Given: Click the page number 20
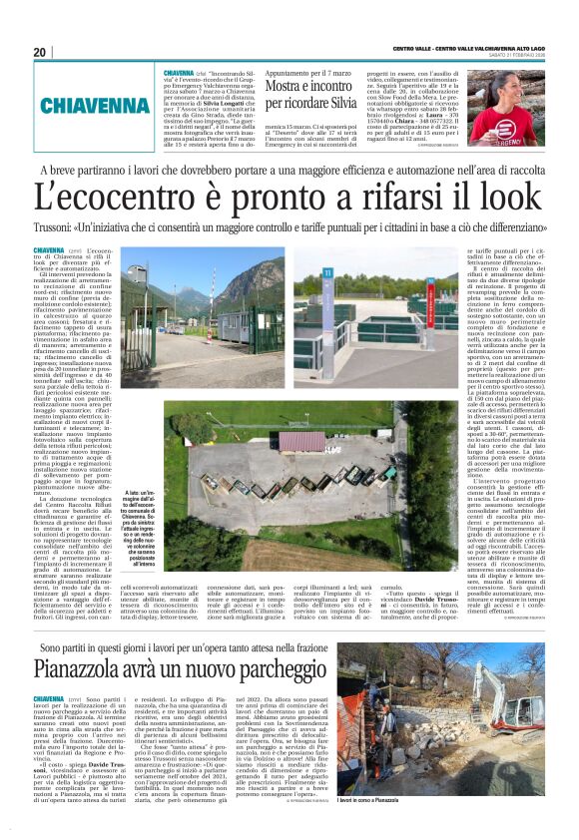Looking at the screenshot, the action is coord(40,52).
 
